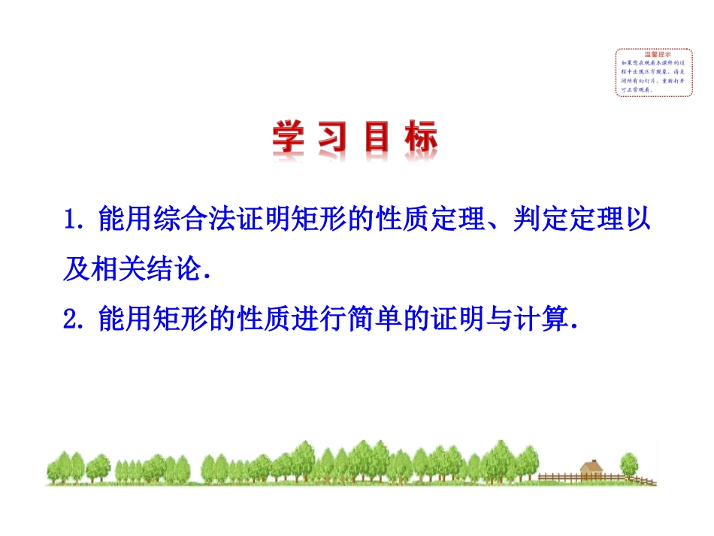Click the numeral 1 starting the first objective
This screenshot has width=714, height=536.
point(71,221)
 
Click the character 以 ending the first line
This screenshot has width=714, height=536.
point(637,221)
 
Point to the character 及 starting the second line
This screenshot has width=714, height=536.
point(77,270)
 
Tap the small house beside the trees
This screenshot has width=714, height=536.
point(594,469)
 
